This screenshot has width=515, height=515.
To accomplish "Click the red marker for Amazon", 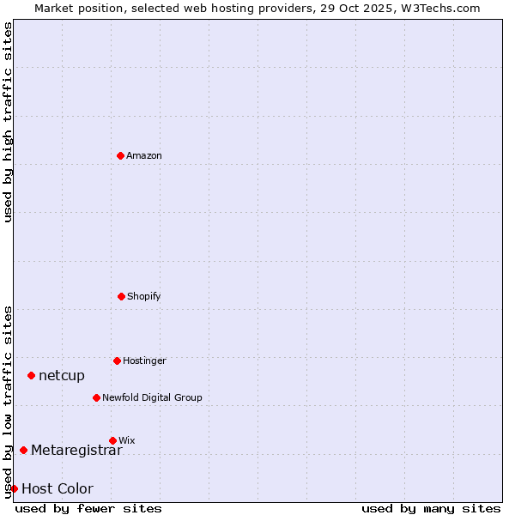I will [120, 155].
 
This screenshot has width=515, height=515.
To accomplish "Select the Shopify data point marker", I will [121, 296].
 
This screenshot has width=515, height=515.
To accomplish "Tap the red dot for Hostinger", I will [117, 360].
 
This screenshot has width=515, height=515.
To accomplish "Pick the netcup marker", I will [31, 375].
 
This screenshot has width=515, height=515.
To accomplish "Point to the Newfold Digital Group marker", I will [96, 397].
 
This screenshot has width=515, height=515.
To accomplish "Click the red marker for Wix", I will [112, 440].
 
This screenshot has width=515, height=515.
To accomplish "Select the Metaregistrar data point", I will [23, 451].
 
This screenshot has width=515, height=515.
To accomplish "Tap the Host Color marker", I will [14, 488].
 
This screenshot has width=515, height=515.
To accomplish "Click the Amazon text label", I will [144, 155].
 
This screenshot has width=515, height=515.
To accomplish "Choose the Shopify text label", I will [144, 296].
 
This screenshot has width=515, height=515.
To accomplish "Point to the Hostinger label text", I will [144, 360].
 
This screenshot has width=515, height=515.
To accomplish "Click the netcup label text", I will [62, 375].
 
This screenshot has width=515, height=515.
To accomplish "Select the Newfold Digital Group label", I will [152, 397].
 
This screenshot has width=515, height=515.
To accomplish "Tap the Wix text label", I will [127, 440].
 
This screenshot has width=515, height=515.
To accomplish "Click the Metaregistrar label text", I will [76, 451].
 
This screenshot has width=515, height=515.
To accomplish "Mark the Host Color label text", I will [57, 488].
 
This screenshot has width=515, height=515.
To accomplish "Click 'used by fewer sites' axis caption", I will [88, 508].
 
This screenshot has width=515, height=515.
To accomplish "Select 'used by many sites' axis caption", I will [431, 508].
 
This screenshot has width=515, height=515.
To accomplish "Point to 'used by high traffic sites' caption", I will [8, 122].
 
